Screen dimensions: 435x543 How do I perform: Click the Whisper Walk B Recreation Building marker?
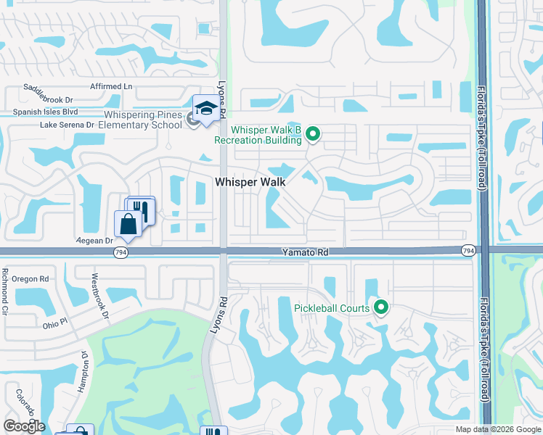[313, 133]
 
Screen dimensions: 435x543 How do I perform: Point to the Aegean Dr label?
[95, 240]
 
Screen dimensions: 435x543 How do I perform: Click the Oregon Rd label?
[30, 278]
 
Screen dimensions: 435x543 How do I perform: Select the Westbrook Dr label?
[99, 296]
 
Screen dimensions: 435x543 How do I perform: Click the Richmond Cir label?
[5, 290]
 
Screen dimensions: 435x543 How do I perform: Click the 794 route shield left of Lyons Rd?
[121, 252]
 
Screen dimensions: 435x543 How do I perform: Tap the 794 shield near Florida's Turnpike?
[468, 250]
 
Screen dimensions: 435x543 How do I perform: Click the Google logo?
[24, 426]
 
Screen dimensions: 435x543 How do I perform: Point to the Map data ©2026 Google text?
[498, 429]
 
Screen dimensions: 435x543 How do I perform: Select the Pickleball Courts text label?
[332, 307]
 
